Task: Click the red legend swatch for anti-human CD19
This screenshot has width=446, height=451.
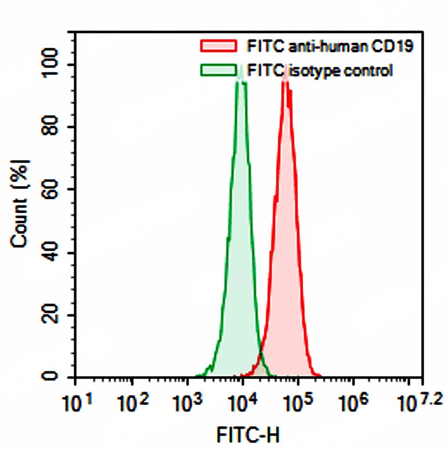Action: (218, 46)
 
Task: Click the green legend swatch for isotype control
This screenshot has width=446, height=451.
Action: (218, 70)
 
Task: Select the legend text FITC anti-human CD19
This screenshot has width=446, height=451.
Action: (330, 46)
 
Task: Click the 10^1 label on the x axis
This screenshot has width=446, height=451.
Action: (77, 404)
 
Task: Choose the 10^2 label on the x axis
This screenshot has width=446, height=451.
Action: (133, 404)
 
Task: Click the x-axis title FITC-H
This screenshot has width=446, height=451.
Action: (248, 435)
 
